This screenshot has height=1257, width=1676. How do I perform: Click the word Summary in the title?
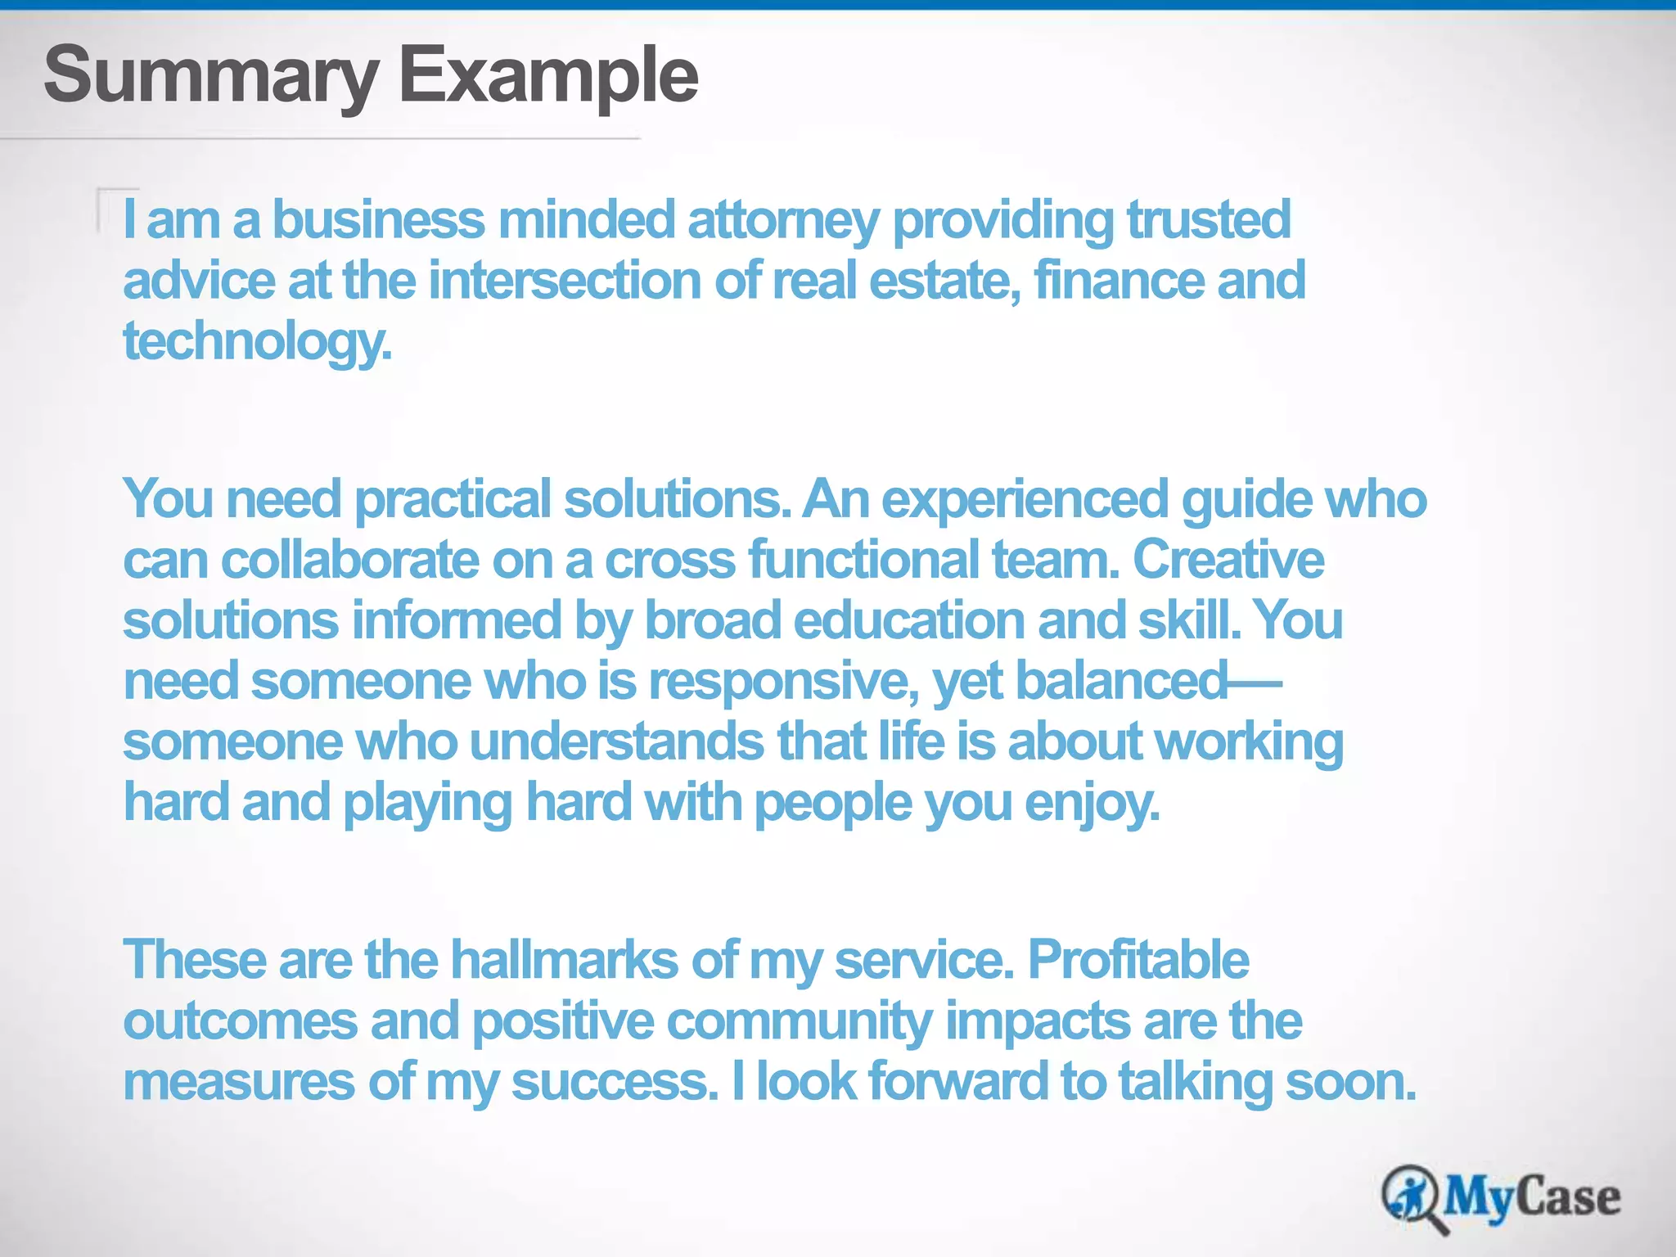coord(211,75)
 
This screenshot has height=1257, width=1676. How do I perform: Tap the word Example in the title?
coord(547,75)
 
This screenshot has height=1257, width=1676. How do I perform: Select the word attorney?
coord(783,221)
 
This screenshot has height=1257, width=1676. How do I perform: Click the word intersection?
coord(565,280)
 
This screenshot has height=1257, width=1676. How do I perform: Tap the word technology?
coord(257,342)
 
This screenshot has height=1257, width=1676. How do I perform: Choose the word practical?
coord(453,499)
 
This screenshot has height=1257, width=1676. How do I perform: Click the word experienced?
coord(1025,499)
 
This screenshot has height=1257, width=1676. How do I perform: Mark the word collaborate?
coord(349,560)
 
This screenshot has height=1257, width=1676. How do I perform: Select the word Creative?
coord(1228,560)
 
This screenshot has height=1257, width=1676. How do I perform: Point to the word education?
coord(908,620)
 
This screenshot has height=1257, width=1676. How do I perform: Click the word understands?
coord(617,741)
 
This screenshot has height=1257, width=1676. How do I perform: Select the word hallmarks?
coord(564,959)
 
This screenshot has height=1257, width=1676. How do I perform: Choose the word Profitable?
coord(1138,959)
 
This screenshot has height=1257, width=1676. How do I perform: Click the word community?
coord(799,1021)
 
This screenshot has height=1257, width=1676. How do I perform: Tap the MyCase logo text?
coord(1531,1196)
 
